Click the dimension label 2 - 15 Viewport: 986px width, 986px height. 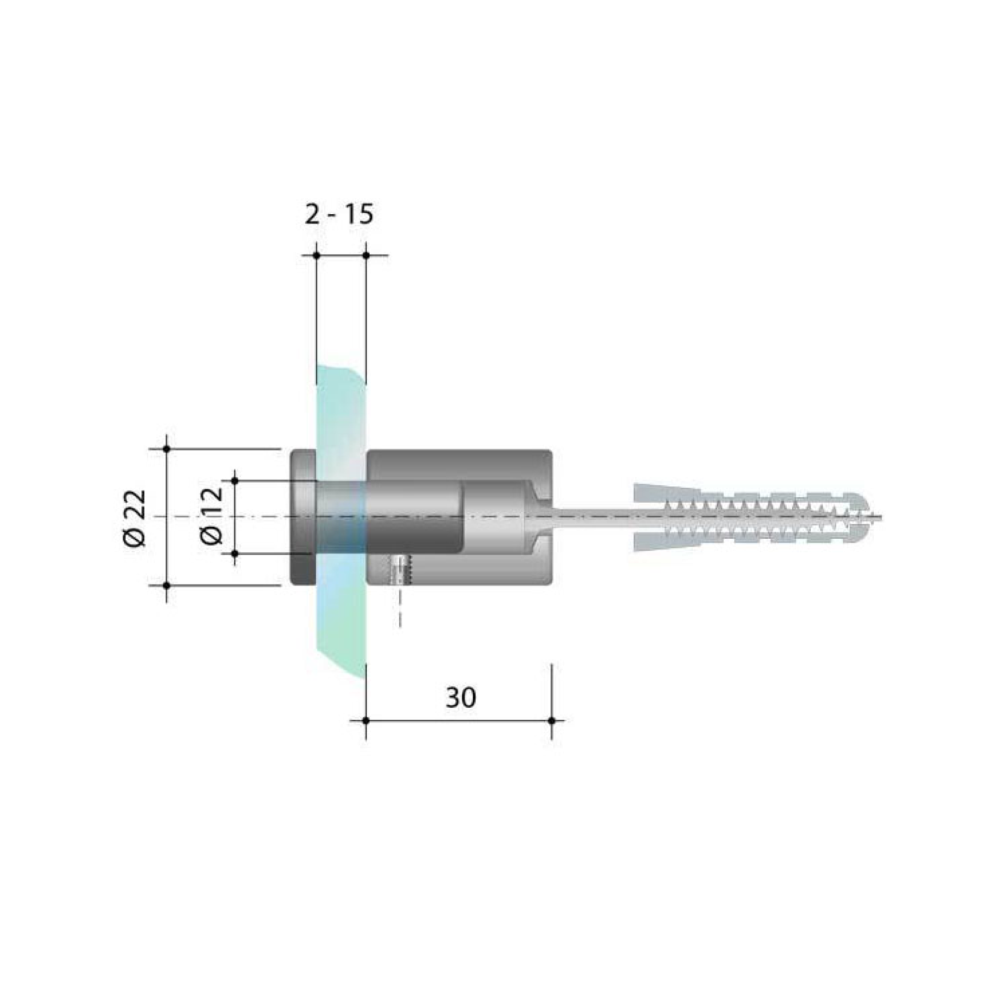(x=339, y=215)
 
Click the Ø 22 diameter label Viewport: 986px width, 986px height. (x=135, y=519)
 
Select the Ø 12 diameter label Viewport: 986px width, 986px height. (x=211, y=516)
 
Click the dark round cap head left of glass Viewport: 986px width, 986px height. (x=303, y=517)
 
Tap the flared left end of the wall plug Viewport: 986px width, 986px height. (x=644, y=517)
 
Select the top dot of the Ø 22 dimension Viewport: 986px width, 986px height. (x=167, y=449)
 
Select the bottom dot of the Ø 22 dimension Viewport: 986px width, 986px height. (x=167, y=585)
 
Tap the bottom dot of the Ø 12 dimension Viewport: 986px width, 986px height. (x=235, y=553)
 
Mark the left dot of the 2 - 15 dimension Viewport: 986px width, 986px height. (x=316, y=255)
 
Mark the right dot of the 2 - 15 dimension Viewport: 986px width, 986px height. (x=366, y=255)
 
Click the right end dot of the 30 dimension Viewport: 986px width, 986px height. (x=552, y=720)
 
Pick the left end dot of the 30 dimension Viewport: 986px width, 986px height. (x=366, y=720)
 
